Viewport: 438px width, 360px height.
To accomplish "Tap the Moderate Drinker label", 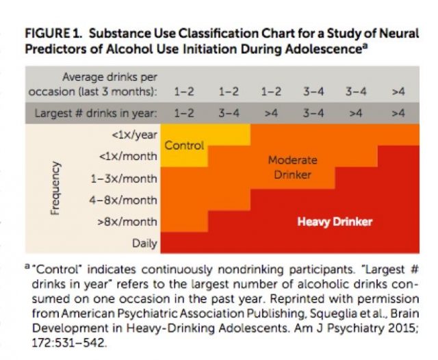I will click(292, 168).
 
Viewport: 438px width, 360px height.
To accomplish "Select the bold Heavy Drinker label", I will click(335, 222).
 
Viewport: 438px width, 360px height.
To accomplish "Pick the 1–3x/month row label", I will click(125, 179).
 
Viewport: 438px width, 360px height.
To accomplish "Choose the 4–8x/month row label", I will click(125, 201).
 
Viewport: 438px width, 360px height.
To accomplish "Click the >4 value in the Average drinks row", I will click(398, 91).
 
